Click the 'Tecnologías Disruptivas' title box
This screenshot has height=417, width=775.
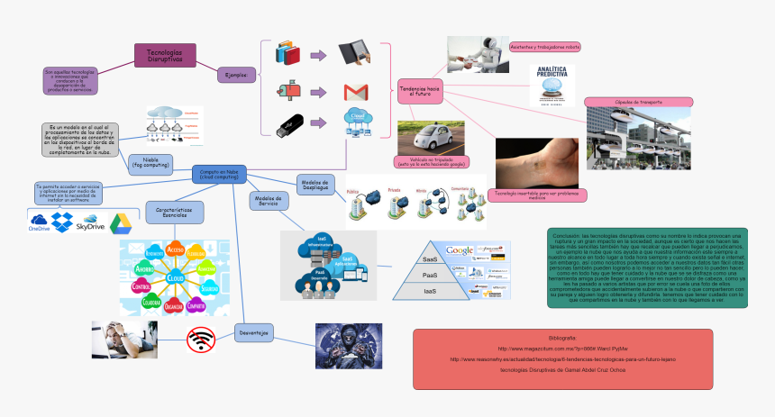coord(164,55)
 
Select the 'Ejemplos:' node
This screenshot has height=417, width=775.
coord(236,75)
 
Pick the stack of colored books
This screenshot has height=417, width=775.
coord(288,52)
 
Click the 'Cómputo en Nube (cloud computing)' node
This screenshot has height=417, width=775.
coord(220,175)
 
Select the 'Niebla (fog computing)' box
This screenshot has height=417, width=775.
coord(150,162)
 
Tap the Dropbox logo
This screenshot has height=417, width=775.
coord(62,221)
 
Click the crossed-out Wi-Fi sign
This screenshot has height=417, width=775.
coord(200,339)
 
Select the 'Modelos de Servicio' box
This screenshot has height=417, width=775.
coord(268,201)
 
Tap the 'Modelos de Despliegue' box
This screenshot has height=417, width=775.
coord(315,183)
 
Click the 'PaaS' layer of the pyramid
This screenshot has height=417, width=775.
coord(430,275)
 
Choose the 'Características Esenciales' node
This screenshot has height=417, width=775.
coord(174,212)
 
